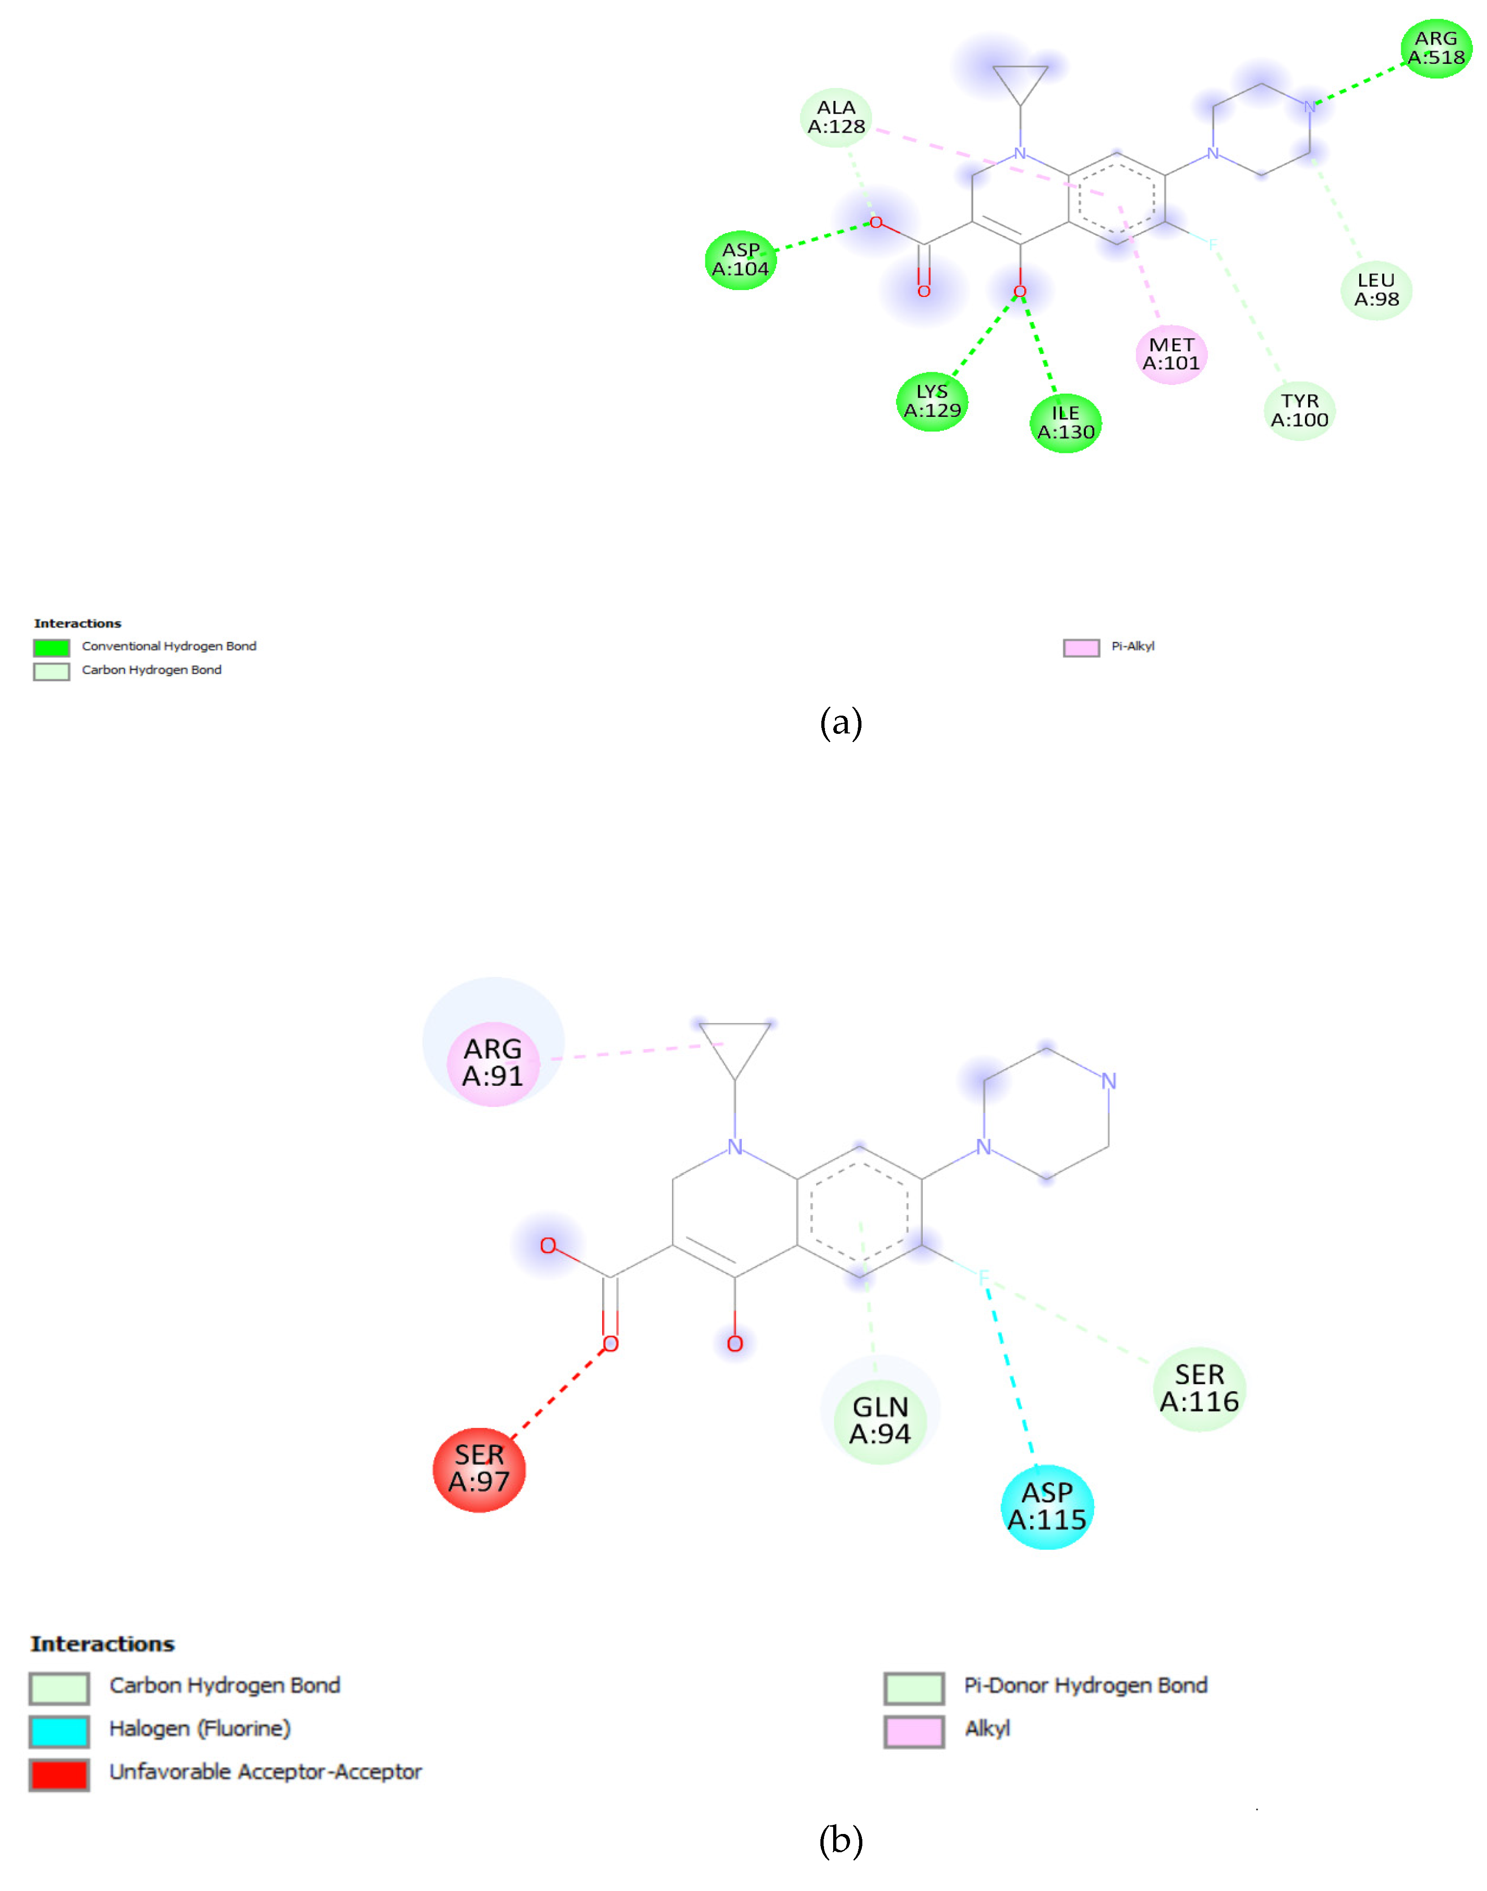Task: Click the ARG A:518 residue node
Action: pyautogui.click(x=1435, y=49)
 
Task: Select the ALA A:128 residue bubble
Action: pyautogui.click(x=836, y=118)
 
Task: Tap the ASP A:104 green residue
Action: pyautogui.click(x=740, y=260)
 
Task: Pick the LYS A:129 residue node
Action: pyautogui.click(x=932, y=401)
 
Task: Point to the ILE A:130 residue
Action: pyautogui.click(x=1065, y=423)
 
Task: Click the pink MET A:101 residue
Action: pyautogui.click(x=1171, y=354)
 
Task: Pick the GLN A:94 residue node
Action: pyautogui.click(x=880, y=1420)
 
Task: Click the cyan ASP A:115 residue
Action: pyautogui.click(x=1047, y=1507)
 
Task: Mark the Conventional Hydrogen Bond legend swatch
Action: pyautogui.click(x=52, y=648)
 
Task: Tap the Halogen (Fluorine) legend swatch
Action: pyautogui.click(x=59, y=1731)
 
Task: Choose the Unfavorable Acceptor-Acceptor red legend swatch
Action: pyautogui.click(x=59, y=1774)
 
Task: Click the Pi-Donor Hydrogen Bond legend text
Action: pyautogui.click(x=1085, y=1686)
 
